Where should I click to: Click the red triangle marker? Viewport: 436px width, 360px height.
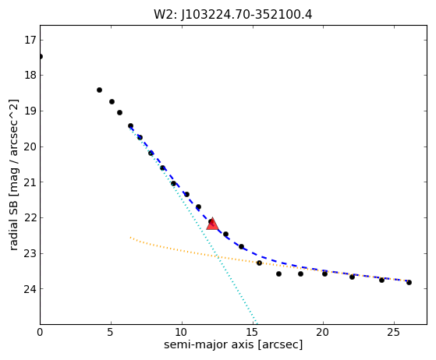[x=212, y=224]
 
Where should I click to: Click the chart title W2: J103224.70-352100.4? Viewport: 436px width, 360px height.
[x=233, y=15]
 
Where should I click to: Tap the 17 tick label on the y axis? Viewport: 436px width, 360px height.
[x=30, y=41]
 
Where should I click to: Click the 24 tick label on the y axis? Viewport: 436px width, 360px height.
[x=30, y=289]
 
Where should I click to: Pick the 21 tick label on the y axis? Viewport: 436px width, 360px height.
[x=30, y=182]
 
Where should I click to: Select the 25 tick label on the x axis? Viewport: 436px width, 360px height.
[x=394, y=332]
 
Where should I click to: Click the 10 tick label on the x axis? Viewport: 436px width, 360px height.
[x=182, y=332]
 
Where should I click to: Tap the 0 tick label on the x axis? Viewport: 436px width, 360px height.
[x=40, y=332]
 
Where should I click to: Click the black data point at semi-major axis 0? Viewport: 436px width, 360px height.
[x=41, y=57]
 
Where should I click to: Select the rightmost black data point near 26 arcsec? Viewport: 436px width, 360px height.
[x=409, y=283]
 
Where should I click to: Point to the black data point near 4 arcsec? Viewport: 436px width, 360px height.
[x=99, y=90]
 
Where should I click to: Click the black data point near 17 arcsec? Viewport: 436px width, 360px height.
[x=278, y=274]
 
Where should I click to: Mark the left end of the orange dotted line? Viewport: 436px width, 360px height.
[x=130, y=238]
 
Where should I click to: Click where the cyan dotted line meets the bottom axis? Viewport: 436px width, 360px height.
[x=257, y=324]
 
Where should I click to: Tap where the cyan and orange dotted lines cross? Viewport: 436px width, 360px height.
[x=217, y=256]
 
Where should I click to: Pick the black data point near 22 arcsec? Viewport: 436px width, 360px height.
[x=352, y=277]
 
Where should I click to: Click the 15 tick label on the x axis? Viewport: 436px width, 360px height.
[x=253, y=332]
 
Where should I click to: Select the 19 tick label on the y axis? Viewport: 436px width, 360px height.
[x=30, y=111]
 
